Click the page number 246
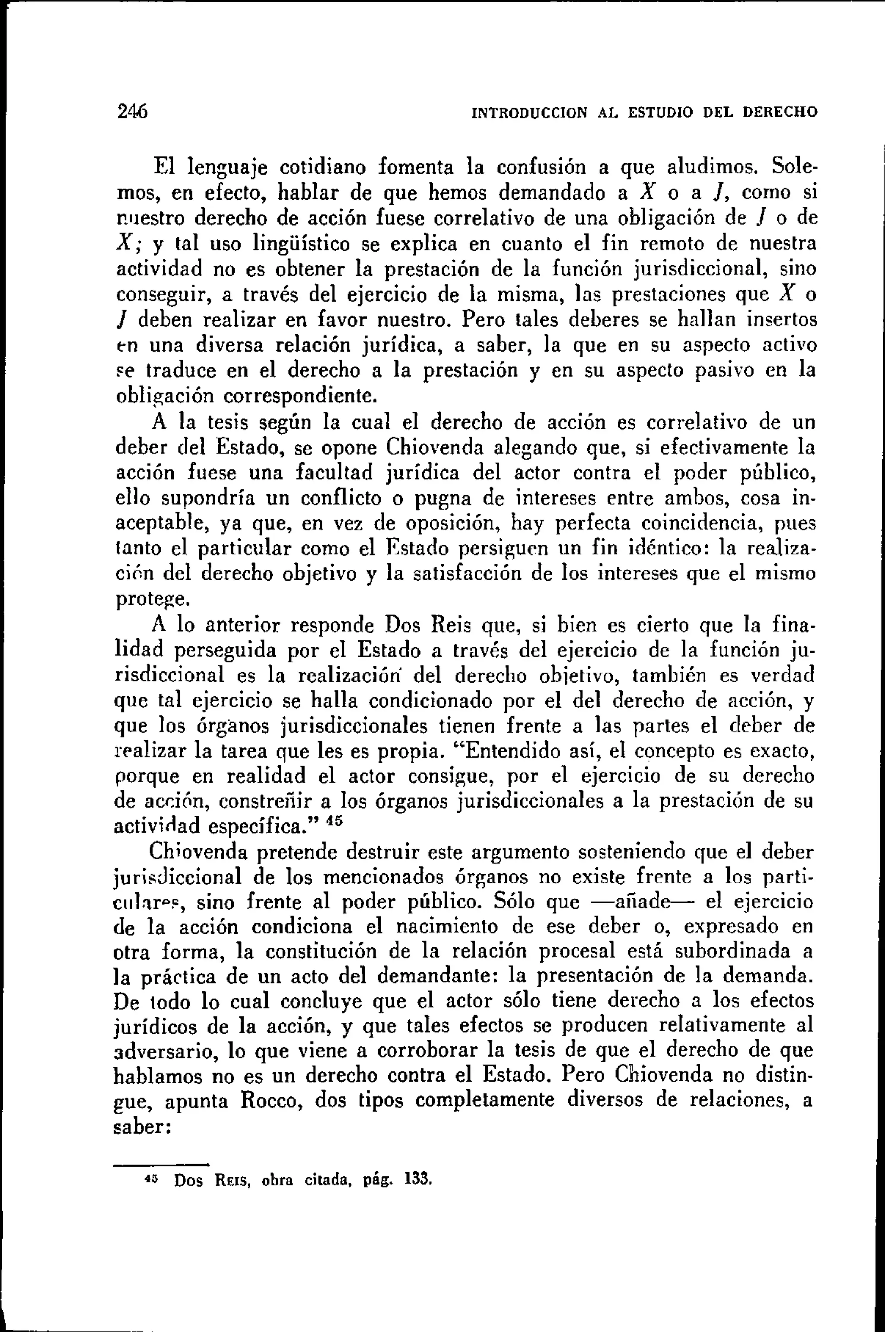[x=132, y=111]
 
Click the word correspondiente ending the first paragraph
[x=300, y=396]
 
